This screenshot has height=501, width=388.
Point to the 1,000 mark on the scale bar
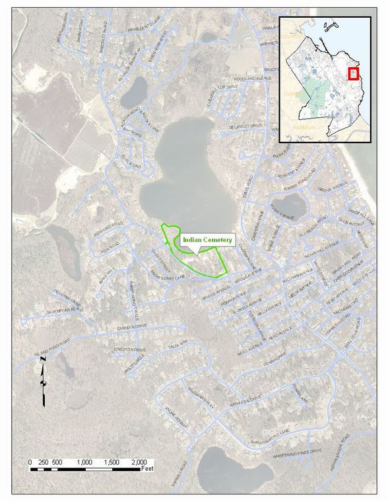[85, 462]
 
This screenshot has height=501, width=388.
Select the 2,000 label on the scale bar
[139, 462]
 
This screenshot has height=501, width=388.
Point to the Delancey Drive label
[246, 125]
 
